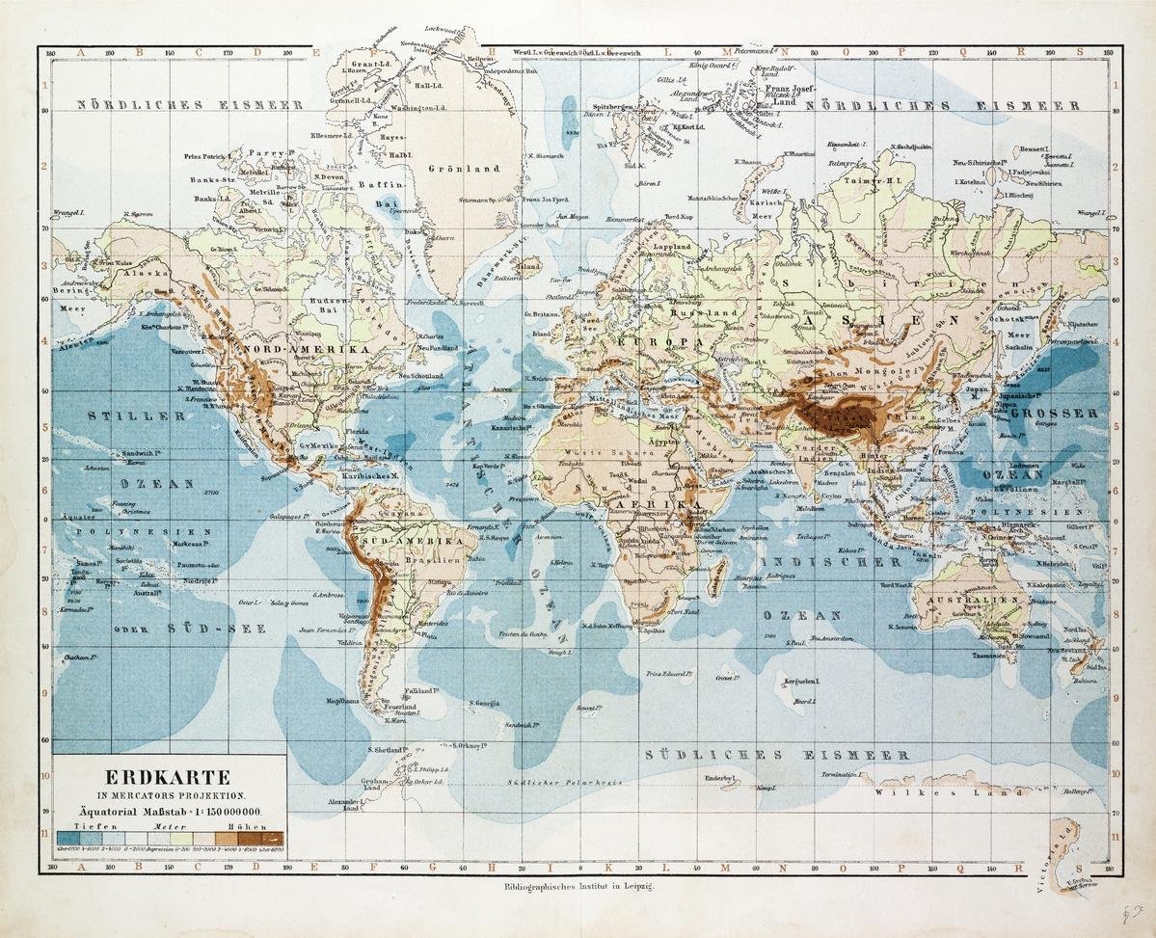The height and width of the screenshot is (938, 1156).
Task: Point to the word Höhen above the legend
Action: coord(236,827)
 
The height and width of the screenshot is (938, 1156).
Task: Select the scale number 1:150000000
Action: coord(207,814)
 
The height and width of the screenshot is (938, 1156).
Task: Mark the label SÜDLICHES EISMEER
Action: coord(777,754)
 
